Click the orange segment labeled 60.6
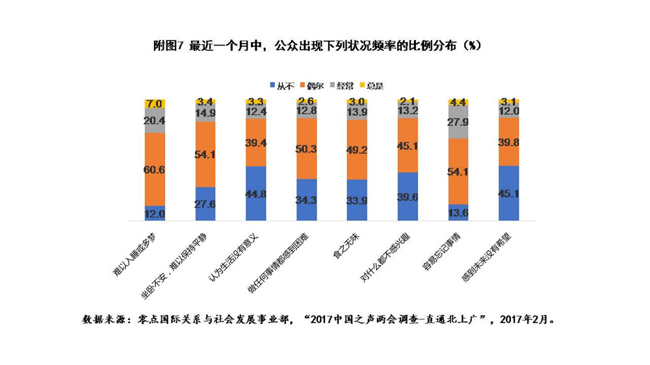click(x=155, y=170)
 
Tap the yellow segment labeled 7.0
click(x=155, y=103)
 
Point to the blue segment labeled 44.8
click(x=256, y=193)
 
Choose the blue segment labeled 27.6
click(x=206, y=203)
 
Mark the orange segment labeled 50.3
click(x=307, y=149)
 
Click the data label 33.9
click(x=357, y=199)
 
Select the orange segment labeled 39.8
click(x=509, y=142)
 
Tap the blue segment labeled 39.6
click(x=408, y=196)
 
